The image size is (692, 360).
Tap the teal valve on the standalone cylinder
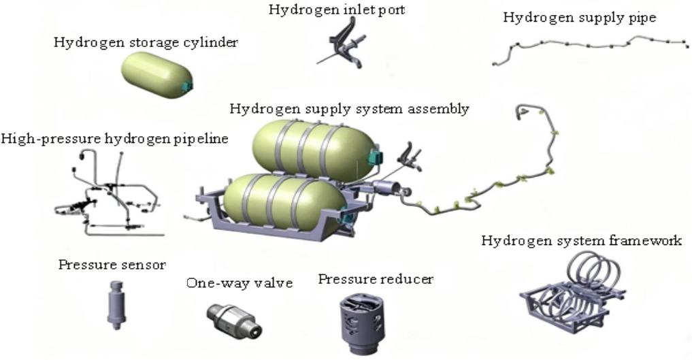coord(187,84)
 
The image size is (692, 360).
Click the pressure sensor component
coord(116,305)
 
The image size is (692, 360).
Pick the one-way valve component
coord(234,319)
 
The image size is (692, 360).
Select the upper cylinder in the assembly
coord(314,148)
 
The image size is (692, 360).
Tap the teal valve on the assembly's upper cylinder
coord(375,157)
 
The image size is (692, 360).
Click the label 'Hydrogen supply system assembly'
coord(349,108)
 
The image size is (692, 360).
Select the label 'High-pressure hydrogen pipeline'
coord(115,139)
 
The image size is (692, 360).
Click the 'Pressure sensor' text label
coord(112,265)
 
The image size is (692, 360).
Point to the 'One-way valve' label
coord(240,283)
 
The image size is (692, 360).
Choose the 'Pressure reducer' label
coord(376,279)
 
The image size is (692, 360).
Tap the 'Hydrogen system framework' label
coord(581,240)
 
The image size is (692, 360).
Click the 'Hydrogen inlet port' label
coord(337,10)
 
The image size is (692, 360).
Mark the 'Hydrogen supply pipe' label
coord(580,17)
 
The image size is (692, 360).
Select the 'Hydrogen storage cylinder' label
coord(146,42)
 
